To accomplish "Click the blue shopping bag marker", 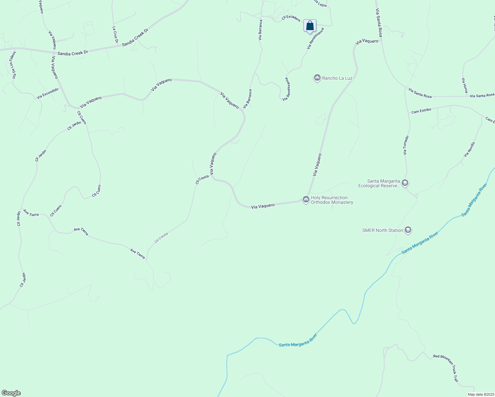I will tap(310, 26).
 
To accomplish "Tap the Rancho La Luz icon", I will tap(317, 78).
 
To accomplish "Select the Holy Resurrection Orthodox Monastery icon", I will tap(306, 199).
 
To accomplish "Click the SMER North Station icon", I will tap(408, 230).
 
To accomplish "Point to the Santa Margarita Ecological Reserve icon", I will tap(405, 183).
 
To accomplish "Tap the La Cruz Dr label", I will tap(115, 35).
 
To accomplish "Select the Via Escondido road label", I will tap(48, 94).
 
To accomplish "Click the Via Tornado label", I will tap(406, 145).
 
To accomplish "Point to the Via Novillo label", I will tap(469, 149).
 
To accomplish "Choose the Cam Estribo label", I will tap(421, 111).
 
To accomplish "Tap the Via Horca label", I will tap(465, 85).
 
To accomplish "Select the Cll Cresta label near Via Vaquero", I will tap(202, 179).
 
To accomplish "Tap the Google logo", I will tap(11, 393).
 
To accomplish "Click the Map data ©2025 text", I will tap(480, 394).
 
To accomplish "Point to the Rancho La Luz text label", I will tap(337, 78).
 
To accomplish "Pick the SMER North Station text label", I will tap(382, 230).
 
